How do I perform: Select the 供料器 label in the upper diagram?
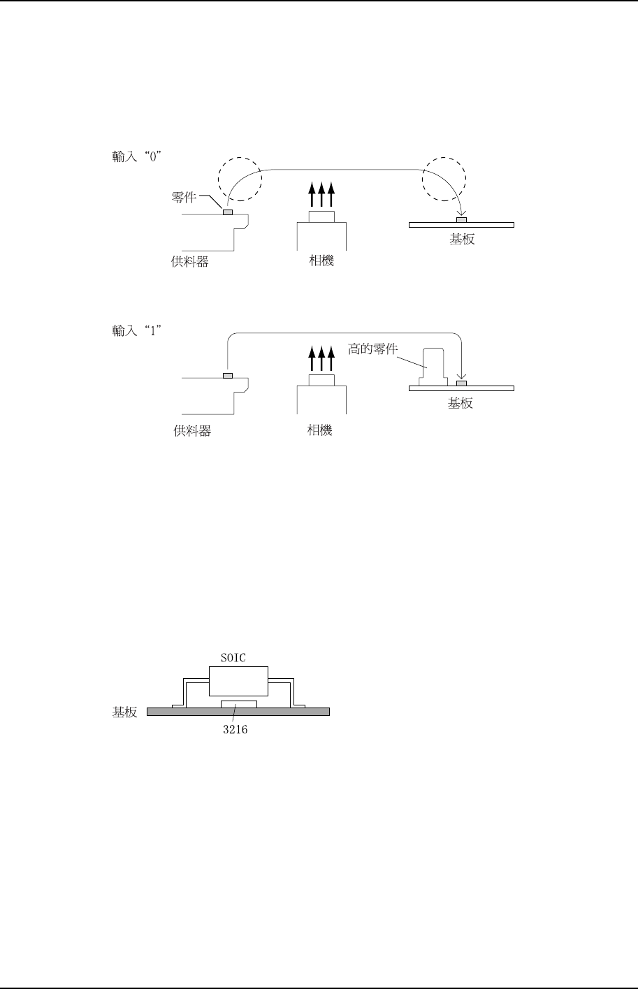click(190, 263)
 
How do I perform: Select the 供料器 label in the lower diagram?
click(192, 432)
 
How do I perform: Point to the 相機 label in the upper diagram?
click(321, 261)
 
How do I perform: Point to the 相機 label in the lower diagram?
click(320, 430)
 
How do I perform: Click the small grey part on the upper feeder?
click(228, 212)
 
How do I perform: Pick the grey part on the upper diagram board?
click(461, 220)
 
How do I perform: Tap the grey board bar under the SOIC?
click(238, 712)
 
